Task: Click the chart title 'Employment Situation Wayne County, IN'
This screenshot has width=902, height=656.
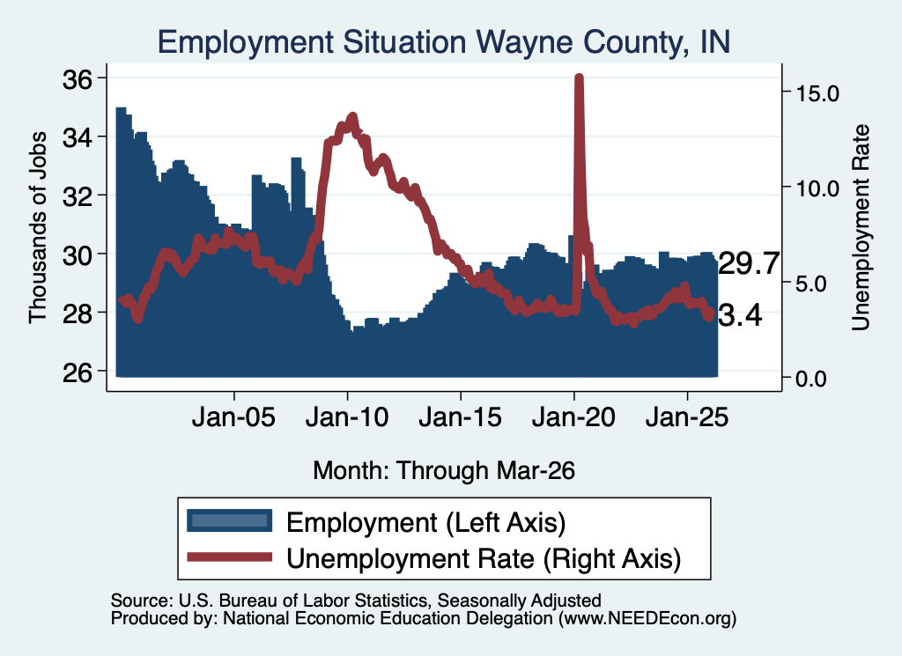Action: (444, 42)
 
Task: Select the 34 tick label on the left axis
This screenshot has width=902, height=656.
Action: (78, 138)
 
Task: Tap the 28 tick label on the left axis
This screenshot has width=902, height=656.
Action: (78, 314)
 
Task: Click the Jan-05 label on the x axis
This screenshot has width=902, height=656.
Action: (233, 416)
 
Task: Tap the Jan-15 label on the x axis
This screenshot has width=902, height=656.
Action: (460, 416)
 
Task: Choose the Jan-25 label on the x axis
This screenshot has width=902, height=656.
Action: (687, 416)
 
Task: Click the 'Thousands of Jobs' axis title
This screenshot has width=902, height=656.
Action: (37, 227)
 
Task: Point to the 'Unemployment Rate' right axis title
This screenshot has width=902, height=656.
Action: (861, 227)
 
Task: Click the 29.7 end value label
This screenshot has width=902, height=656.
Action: (749, 264)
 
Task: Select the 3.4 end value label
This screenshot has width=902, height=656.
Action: (740, 315)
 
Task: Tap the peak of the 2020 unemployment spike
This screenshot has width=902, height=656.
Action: (579, 77)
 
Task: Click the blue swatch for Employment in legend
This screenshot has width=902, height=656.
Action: (229, 521)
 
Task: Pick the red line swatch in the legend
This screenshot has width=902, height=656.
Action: (229, 556)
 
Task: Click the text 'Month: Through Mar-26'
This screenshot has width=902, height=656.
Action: (444, 470)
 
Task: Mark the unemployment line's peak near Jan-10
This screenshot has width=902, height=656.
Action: (352, 117)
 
